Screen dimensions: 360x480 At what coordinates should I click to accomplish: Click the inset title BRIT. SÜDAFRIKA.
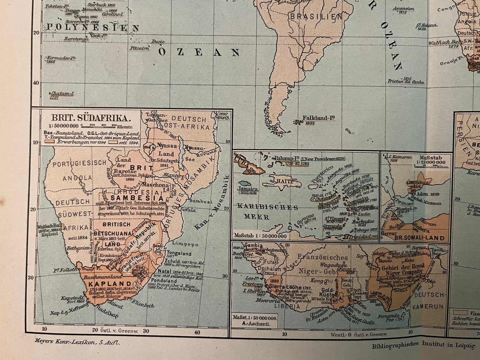[91, 118]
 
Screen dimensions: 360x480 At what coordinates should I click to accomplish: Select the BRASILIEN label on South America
[316, 17]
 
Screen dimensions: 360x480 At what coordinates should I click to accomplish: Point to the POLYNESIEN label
[92, 28]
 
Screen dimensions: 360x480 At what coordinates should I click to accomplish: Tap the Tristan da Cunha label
[406, 82]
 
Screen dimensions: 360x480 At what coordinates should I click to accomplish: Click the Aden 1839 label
[427, 194]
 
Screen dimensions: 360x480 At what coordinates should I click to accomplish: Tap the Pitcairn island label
[139, 48]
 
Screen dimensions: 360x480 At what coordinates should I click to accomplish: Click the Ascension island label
[404, 8]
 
